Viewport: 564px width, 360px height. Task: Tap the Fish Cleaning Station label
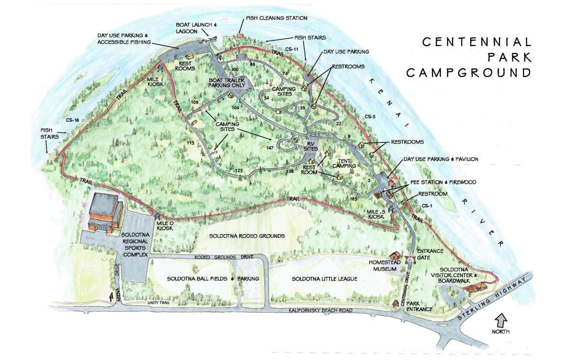(x=276, y=18)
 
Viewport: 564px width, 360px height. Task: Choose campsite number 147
(x=269, y=148)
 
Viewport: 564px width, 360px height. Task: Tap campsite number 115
(x=190, y=142)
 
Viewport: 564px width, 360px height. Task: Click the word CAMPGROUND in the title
(x=469, y=73)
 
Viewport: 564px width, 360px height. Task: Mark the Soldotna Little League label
(x=324, y=279)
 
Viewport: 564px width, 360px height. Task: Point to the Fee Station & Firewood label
(x=436, y=182)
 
